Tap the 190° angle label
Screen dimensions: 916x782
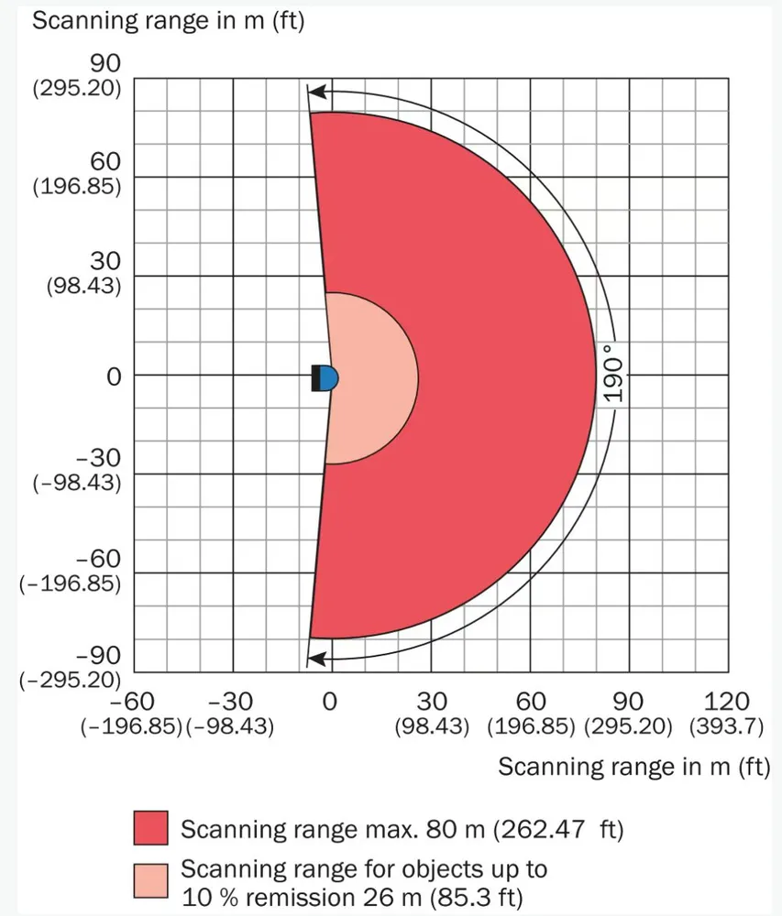click(x=613, y=374)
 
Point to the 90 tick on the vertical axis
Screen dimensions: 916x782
click(x=105, y=63)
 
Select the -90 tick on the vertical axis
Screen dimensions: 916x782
click(x=98, y=656)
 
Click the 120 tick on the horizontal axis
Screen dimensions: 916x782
click(x=728, y=702)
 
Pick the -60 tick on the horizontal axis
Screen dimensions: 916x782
click(x=132, y=702)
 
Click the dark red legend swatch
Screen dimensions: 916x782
click(x=151, y=827)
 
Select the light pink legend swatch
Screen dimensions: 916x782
click(x=151, y=879)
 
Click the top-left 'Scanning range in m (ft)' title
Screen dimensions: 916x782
click(x=168, y=20)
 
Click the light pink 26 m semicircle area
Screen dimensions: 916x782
click(x=371, y=377)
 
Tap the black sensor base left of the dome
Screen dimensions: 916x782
click(x=315, y=377)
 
